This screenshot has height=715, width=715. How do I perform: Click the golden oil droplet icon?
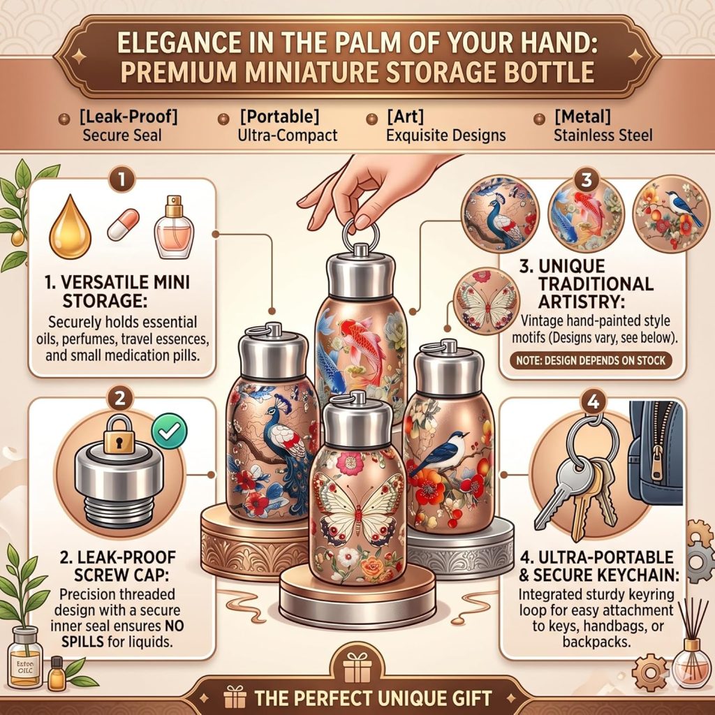[71, 228]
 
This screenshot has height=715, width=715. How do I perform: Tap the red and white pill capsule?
[123, 225]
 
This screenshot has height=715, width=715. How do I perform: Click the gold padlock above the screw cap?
[119, 434]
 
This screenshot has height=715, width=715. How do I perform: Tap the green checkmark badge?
[169, 431]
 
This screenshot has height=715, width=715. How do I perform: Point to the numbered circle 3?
[586, 180]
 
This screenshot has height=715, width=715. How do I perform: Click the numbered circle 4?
[593, 401]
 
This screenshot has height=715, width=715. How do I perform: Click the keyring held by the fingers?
[360, 235]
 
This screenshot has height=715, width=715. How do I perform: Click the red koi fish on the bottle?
[363, 344]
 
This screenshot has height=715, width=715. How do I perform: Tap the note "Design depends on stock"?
[591, 360]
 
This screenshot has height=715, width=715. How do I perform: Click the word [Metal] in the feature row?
[582, 117]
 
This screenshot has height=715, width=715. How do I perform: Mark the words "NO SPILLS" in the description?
[123, 633]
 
